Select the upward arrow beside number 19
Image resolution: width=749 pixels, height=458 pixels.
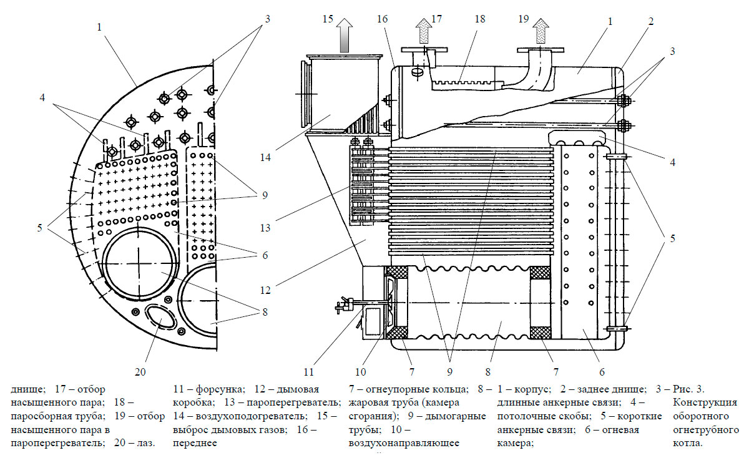click(541, 32)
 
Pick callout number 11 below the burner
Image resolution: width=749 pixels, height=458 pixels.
click(308, 373)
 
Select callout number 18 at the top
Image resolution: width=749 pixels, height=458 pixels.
click(479, 19)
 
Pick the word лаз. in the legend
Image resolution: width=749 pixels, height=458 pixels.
click(145, 444)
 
